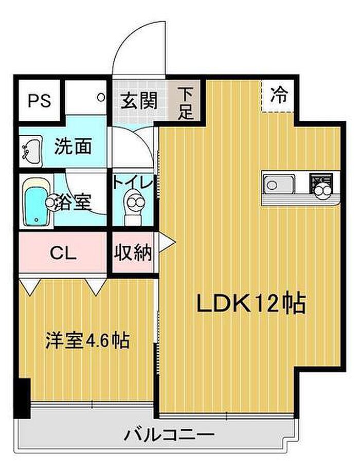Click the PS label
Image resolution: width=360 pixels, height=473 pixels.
pos(40,100)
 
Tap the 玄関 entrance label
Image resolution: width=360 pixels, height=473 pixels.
pos(139,99)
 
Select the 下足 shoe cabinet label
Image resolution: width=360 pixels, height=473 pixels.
pos(186,103)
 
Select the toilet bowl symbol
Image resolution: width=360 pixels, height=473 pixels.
pos(135,205)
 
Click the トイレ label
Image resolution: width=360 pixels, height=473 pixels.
pos(133,182)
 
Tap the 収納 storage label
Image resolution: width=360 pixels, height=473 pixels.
pos(133,252)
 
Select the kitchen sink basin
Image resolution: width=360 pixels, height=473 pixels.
pos(278,184)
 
